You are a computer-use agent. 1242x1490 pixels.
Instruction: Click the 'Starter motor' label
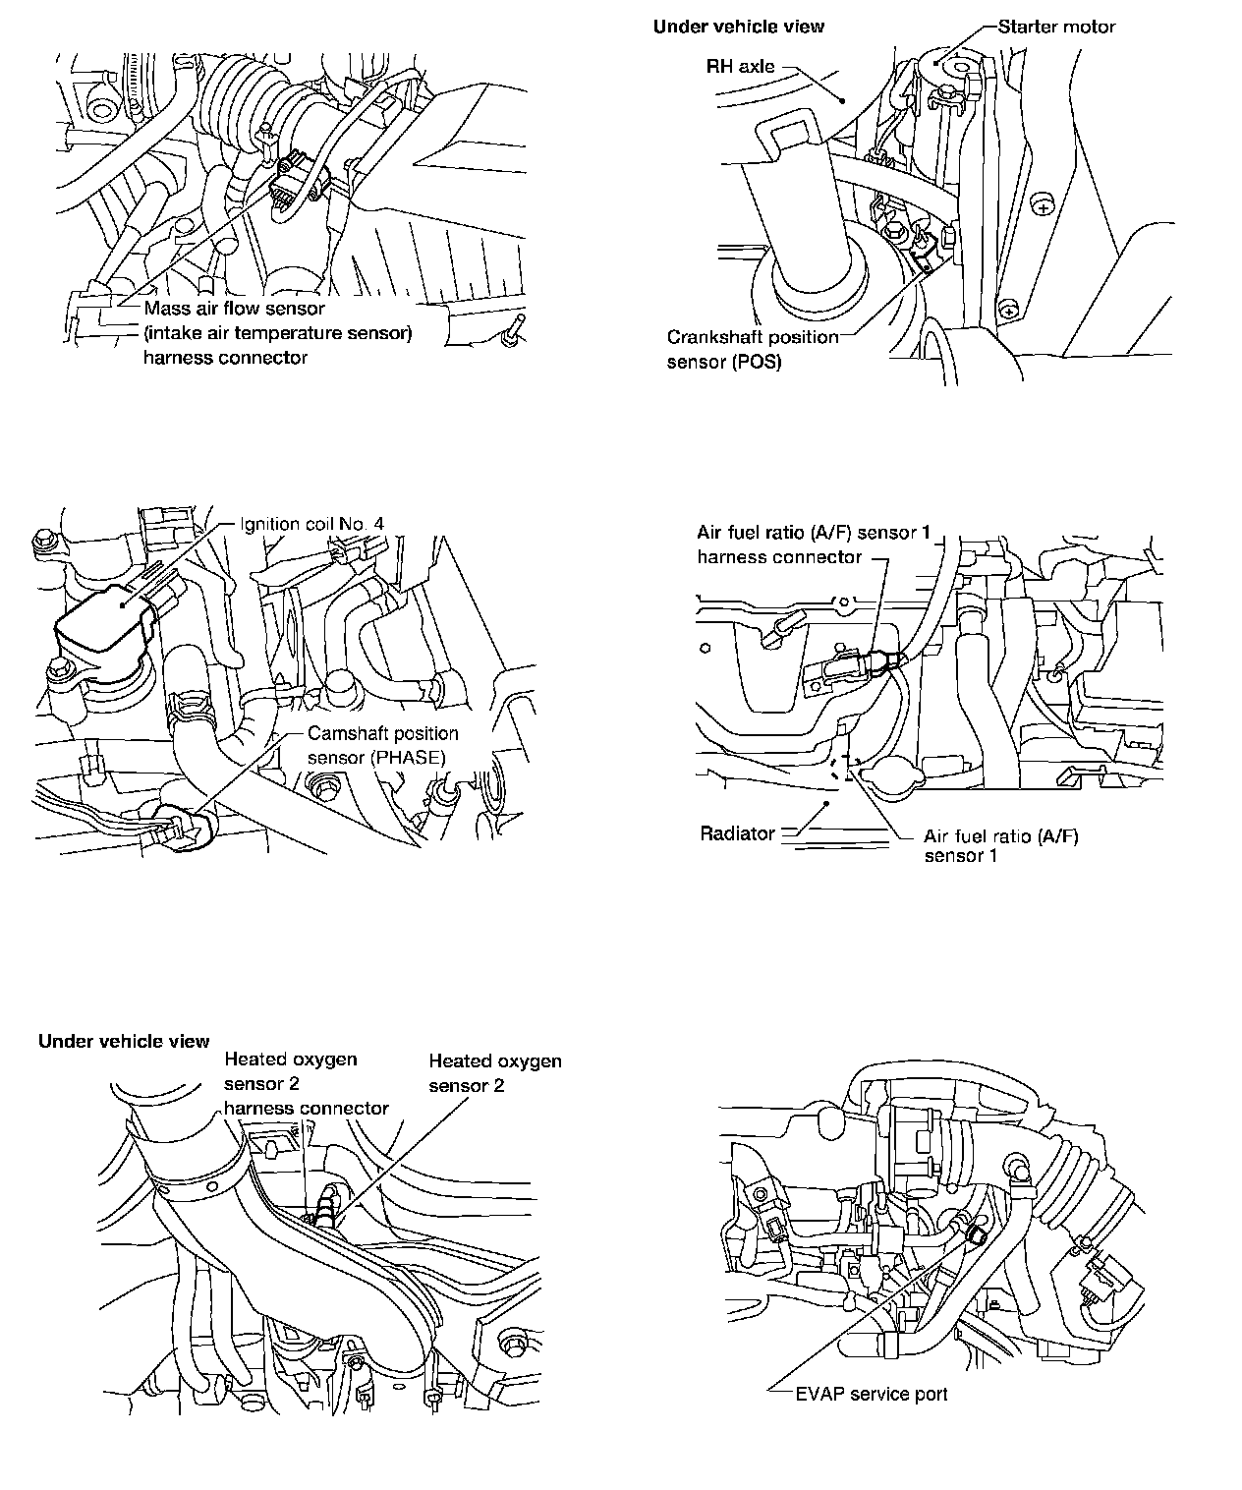1056,27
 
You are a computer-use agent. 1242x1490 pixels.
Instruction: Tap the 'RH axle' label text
740,67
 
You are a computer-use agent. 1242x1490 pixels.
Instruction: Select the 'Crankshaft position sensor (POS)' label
753,349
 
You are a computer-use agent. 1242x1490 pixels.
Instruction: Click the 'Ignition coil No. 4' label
311,524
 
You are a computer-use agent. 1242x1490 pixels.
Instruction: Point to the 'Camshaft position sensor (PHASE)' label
382,745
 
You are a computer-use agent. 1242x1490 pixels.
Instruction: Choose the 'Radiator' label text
737,833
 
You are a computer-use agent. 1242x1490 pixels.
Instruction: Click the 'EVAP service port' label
871,1394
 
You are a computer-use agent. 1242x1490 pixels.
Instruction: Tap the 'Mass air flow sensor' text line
234,309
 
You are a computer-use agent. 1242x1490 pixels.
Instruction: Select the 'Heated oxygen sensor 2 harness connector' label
306,1084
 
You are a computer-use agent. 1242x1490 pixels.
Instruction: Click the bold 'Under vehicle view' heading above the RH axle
738,27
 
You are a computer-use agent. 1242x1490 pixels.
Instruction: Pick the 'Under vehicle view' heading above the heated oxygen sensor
124,1041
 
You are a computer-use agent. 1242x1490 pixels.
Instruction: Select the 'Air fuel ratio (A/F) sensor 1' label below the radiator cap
1000,846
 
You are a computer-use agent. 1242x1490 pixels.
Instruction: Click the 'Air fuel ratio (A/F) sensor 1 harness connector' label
813,544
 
